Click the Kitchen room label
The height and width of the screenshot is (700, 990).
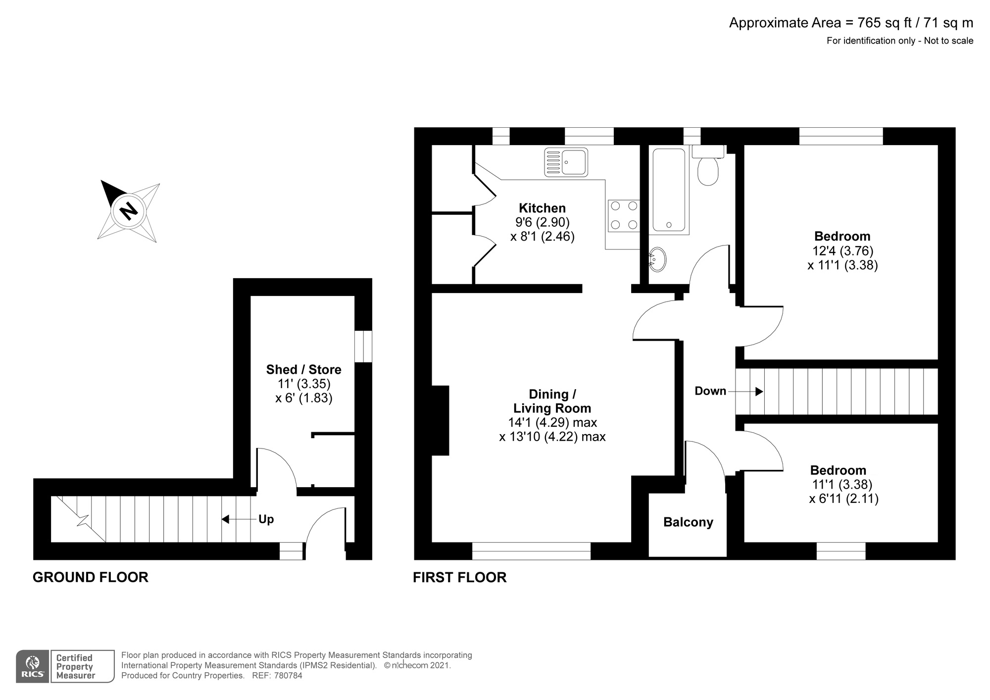542,208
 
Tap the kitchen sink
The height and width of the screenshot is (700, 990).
566,162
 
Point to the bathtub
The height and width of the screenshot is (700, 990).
669,190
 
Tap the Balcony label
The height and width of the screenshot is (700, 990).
688,522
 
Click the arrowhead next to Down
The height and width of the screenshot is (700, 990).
759,392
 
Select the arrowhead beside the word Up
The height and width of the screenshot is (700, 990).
225,519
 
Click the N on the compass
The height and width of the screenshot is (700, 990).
129,211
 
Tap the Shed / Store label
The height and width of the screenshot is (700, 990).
303,370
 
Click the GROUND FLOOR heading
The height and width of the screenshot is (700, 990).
91,577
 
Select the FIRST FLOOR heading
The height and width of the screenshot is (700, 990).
460,577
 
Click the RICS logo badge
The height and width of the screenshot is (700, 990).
33,666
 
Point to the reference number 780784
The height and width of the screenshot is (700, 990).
288,675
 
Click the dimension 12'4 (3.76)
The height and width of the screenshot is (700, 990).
843,250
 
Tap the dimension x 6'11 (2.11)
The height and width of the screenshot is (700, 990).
844,499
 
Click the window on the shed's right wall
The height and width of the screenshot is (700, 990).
363,346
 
